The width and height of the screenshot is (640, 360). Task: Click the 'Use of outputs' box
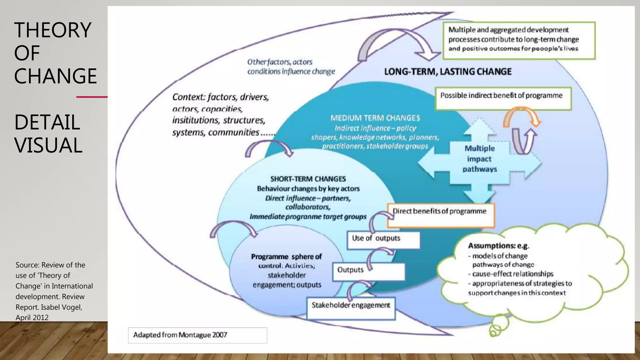[383, 240]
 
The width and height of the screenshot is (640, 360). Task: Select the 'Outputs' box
[369, 271]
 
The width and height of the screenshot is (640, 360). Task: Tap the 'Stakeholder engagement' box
[351, 308]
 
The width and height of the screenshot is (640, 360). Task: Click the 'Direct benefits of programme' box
[441, 215]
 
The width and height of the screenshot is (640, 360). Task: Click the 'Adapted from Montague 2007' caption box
[197, 335]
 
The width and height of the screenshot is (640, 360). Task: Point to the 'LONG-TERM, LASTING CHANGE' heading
[447, 72]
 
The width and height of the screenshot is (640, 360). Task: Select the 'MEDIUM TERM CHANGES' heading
[375, 118]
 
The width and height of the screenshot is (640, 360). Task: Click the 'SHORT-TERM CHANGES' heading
[308, 179]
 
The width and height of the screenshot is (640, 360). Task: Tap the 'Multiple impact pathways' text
[480, 159]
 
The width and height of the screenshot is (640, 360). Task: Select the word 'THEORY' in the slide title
[52, 30]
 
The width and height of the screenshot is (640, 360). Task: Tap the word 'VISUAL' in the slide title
[48, 145]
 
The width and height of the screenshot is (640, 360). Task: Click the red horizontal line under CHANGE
[92, 97]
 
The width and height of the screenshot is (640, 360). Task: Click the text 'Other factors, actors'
[280, 62]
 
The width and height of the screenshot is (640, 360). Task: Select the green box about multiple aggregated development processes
[519, 41]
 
